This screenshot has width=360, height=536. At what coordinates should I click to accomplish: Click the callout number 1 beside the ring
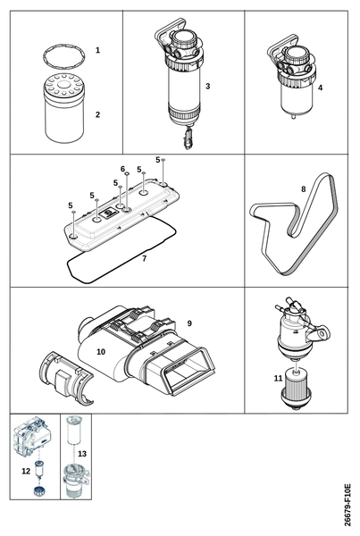tap(97, 50)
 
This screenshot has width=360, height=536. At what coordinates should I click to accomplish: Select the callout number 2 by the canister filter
tap(97, 114)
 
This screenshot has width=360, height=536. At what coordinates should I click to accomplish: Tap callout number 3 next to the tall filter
tap(208, 86)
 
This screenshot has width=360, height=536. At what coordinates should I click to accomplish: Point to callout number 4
tap(320, 88)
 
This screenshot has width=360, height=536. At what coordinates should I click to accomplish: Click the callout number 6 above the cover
tap(122, 169)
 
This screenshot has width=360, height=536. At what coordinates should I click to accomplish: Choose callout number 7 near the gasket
tap(145, 258)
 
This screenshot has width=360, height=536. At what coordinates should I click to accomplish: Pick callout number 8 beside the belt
tap(303, 189)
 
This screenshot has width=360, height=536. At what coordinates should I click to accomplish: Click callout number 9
tap(189, 323)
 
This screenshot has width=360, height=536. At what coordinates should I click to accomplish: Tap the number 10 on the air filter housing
tap(101, 352)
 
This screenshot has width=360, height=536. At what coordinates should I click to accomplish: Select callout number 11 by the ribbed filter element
tap(279, 379)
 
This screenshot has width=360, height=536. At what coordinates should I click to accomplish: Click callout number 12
tap(26, 472)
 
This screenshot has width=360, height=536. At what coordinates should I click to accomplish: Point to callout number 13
tap(82, 454)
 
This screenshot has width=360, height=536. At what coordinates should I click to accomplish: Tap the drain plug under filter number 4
tap(293, 116)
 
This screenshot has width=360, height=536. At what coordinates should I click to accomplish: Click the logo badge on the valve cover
tap(109, 214)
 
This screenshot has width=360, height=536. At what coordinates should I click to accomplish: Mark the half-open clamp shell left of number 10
tap(65, 377)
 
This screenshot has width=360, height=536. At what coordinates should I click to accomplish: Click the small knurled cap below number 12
tap(40, 490)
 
